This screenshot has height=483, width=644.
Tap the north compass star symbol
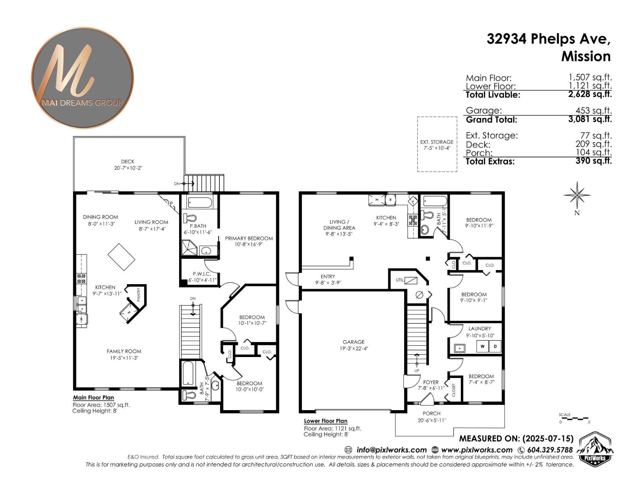pos(577,196)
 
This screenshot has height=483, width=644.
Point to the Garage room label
pos(353,342)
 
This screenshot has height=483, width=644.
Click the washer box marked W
pos(482,346)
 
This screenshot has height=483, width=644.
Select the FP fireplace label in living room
pos(170,204)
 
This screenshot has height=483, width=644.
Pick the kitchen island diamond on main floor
pos(121,257)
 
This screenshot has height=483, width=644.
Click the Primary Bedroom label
pos(249,238)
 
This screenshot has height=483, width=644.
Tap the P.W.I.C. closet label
pos(202,274)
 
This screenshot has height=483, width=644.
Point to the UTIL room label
pos(399,280)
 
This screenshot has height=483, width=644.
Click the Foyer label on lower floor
pos(431,382)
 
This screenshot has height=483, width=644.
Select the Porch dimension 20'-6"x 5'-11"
pos(432,420)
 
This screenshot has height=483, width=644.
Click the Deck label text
pos(128,161)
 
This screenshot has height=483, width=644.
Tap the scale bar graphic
pos(575,419)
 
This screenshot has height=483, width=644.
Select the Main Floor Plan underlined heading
pos(93,398)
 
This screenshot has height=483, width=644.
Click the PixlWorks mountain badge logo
pos(595,449)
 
